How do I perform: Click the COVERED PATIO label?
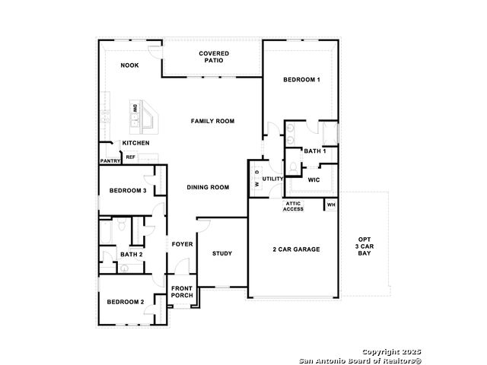[x=214, y=57]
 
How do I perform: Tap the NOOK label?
[x=129, y=65]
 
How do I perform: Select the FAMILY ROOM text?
[x=212, y=121]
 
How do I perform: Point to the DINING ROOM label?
[x=208, y=187]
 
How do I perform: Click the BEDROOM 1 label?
[x=301, y=79]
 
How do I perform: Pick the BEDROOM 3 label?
[x=128, y=190]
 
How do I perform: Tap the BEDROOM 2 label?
[x=126, y=302]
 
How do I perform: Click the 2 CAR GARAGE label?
[x=296, y=249]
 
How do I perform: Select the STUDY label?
[x=222, y=253]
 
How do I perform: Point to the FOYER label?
[x=183, y=244]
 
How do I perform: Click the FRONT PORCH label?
[x=182, y=292]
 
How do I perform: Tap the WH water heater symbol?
[x=331, y=205]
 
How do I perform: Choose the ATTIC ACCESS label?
[x=293, y=206]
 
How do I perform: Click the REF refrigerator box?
[x=130, y=157]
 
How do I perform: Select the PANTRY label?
[x=110, y=160]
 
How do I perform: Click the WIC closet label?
[x=314, y=179]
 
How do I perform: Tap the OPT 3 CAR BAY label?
[x=364, y=246]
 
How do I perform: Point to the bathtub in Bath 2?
[x=106, y=232]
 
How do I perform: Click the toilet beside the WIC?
[x=293, y=168]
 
